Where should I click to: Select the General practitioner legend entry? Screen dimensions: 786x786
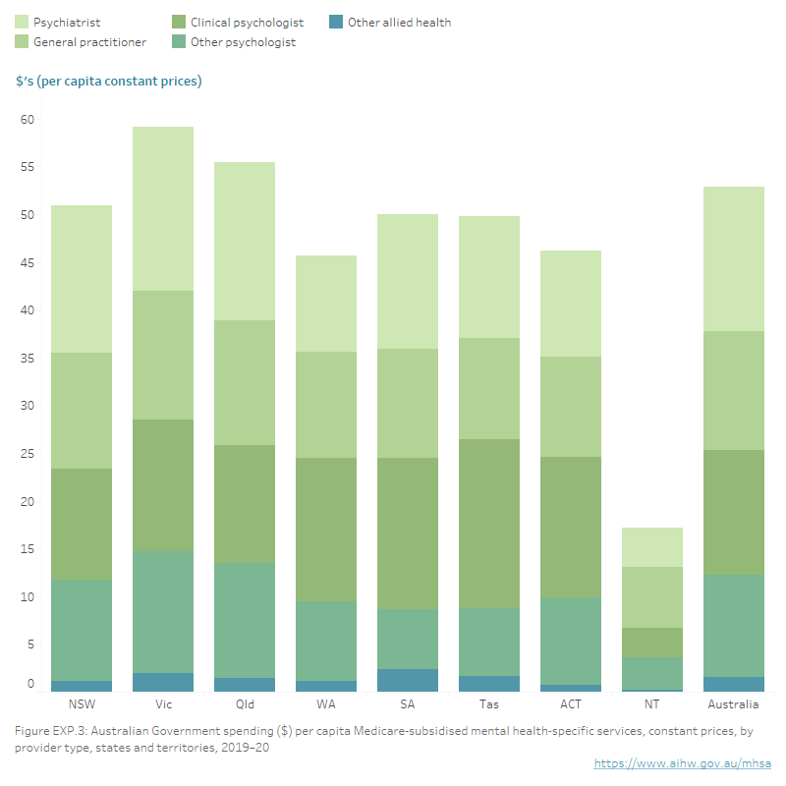coord(89,42)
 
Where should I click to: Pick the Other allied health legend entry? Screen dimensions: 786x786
coord(399,22)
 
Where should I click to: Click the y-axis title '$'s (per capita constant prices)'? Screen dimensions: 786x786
coord(108,81)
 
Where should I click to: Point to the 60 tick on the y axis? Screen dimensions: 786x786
coord(27,120)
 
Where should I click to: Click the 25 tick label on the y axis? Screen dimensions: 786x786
coord(27,454)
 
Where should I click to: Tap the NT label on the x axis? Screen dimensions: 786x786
coord(652,704)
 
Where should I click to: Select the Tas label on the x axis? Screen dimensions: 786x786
coord(489,704)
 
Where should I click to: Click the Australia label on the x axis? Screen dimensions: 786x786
coord(734,704)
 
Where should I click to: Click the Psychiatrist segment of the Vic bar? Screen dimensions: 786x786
coord(163,208)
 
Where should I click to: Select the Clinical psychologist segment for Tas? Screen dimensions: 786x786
coord(489,523)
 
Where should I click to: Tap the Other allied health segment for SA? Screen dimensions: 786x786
coord(408,680)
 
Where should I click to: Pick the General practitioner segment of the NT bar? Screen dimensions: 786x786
coord(652,596)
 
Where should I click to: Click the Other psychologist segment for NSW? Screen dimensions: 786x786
coord(82,629)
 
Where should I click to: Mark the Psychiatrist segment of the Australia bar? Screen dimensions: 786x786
coord(734,258)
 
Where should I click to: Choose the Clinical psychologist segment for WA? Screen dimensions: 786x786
coord(326,529)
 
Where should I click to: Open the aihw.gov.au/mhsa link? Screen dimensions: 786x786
coord(682,763)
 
